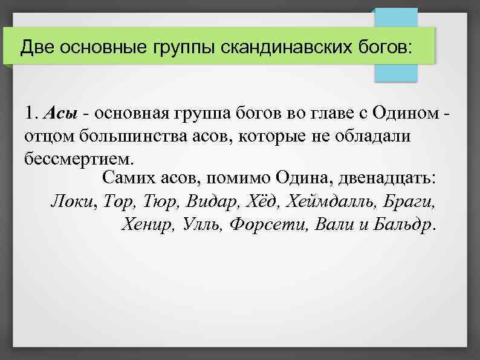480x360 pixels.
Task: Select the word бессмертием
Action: [x=77, y=159]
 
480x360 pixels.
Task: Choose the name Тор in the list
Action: [x=119, y=201]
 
